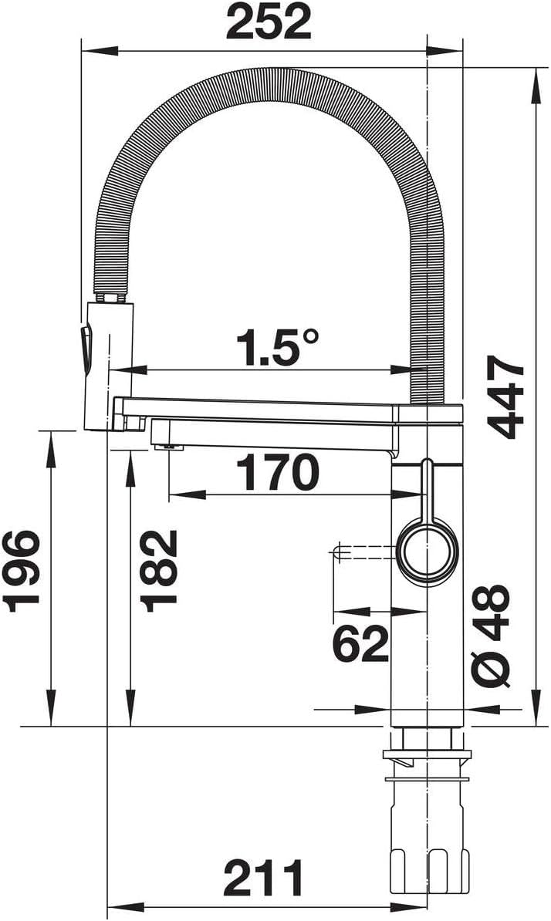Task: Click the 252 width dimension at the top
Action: [269, 22]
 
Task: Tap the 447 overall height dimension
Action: [505, 397]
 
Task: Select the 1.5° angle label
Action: [278, 347]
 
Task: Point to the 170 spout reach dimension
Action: [277, 473]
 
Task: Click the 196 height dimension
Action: [22, 571]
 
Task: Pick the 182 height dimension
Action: [159, 571]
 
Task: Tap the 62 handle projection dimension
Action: [360, 643]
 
